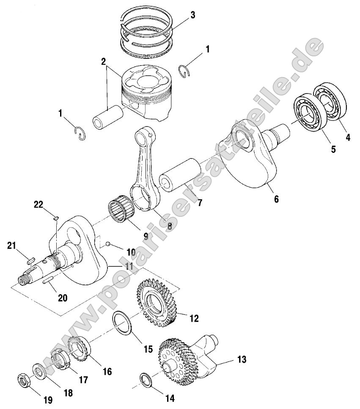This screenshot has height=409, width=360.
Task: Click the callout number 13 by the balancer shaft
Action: coord(241,359)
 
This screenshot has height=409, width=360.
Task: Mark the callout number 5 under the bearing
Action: coord(334,149)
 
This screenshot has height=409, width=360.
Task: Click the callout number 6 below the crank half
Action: coord(276,198)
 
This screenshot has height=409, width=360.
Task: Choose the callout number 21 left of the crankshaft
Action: coord(12,245)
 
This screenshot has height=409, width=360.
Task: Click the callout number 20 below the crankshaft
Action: coord(63,298)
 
